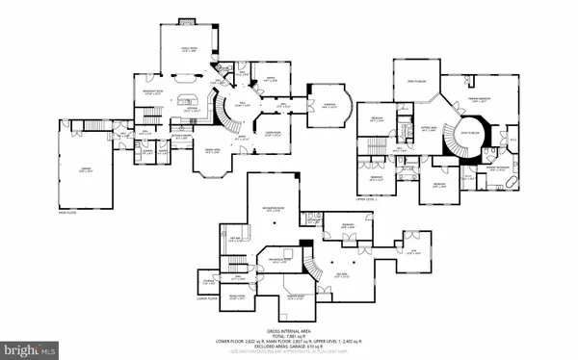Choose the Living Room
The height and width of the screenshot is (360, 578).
click(x=276, y=133)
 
